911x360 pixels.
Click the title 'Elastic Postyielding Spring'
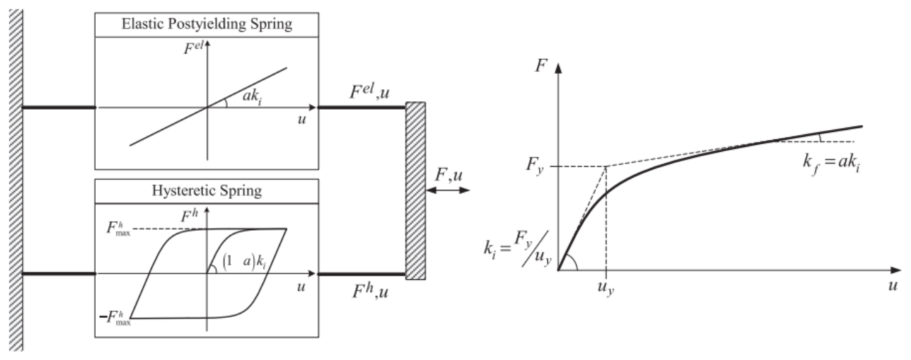tap(207, 24)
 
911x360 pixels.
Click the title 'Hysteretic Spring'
tap(207, 191)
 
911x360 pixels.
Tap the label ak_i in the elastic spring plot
tap(252, 97)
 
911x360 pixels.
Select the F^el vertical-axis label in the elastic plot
tap(193, 48)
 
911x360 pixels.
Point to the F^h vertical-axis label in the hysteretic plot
tap(189, 216)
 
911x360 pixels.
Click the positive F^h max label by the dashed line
tap(118, 229)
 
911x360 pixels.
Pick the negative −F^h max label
tap(115, 318)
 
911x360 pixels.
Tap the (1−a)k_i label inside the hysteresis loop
tap(245, 262)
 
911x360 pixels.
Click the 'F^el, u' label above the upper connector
tap(369, 92)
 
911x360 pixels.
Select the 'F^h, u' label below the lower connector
tap(370, 291)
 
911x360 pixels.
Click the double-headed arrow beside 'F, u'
tap(448, 190)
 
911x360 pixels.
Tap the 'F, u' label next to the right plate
tap(449, 175)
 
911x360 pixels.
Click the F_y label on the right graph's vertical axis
tap(535, 165)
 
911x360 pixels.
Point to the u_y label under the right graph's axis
tap(606, 288)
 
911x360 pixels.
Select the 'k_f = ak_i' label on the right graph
tap(832, 163)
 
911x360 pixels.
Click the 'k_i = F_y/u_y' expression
tap(517, 248)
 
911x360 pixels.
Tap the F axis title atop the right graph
tap(541, 65)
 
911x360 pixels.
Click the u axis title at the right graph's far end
tap(893, 285)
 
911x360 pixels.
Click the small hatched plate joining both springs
tap(416, 191)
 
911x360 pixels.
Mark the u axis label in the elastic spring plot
tap(302, 120)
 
